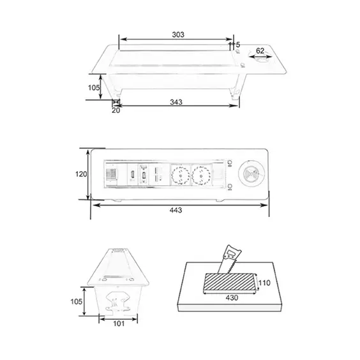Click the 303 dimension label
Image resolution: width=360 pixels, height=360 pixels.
(178, 34)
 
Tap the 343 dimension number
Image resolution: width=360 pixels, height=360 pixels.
(176, 102)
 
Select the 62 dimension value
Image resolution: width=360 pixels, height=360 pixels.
(260, 50)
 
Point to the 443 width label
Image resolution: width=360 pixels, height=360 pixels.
(176, 210)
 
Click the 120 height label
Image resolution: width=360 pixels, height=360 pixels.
(81, 174)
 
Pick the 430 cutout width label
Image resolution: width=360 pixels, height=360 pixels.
(232, 298)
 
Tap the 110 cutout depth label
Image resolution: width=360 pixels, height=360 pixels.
(264, 283)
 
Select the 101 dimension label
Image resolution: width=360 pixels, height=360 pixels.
(119, 324)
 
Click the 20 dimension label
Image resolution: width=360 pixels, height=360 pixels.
(116, 110)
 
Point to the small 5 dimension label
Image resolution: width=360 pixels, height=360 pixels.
(238, 44)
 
